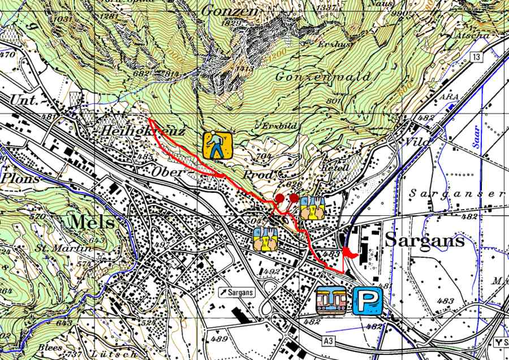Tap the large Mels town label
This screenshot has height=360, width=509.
point(90,222)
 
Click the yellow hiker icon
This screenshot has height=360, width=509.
point(218,145)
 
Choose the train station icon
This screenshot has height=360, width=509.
point(332,300)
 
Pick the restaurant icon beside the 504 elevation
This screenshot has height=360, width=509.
point(265,240)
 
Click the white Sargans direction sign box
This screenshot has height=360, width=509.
point(236,292)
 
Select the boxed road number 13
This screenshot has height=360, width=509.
point(477,58)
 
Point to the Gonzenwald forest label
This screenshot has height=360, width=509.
point(323,76)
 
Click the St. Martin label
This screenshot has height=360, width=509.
point(63,249)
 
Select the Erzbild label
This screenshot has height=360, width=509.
point(275,125)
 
